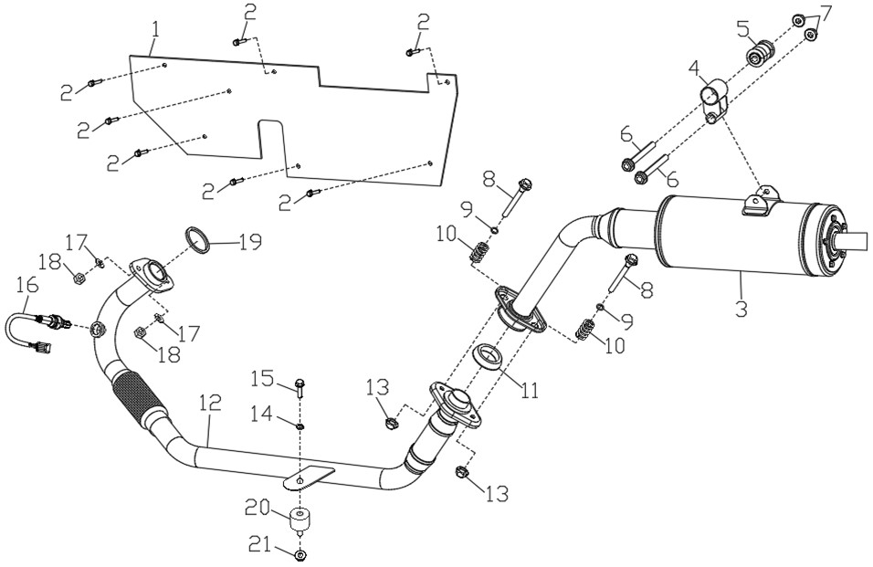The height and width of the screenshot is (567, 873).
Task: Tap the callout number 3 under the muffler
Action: pos(741,307)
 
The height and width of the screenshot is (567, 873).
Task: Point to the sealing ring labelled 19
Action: pos(196,240)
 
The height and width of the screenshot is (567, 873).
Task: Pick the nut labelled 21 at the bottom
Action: pos(300,555)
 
